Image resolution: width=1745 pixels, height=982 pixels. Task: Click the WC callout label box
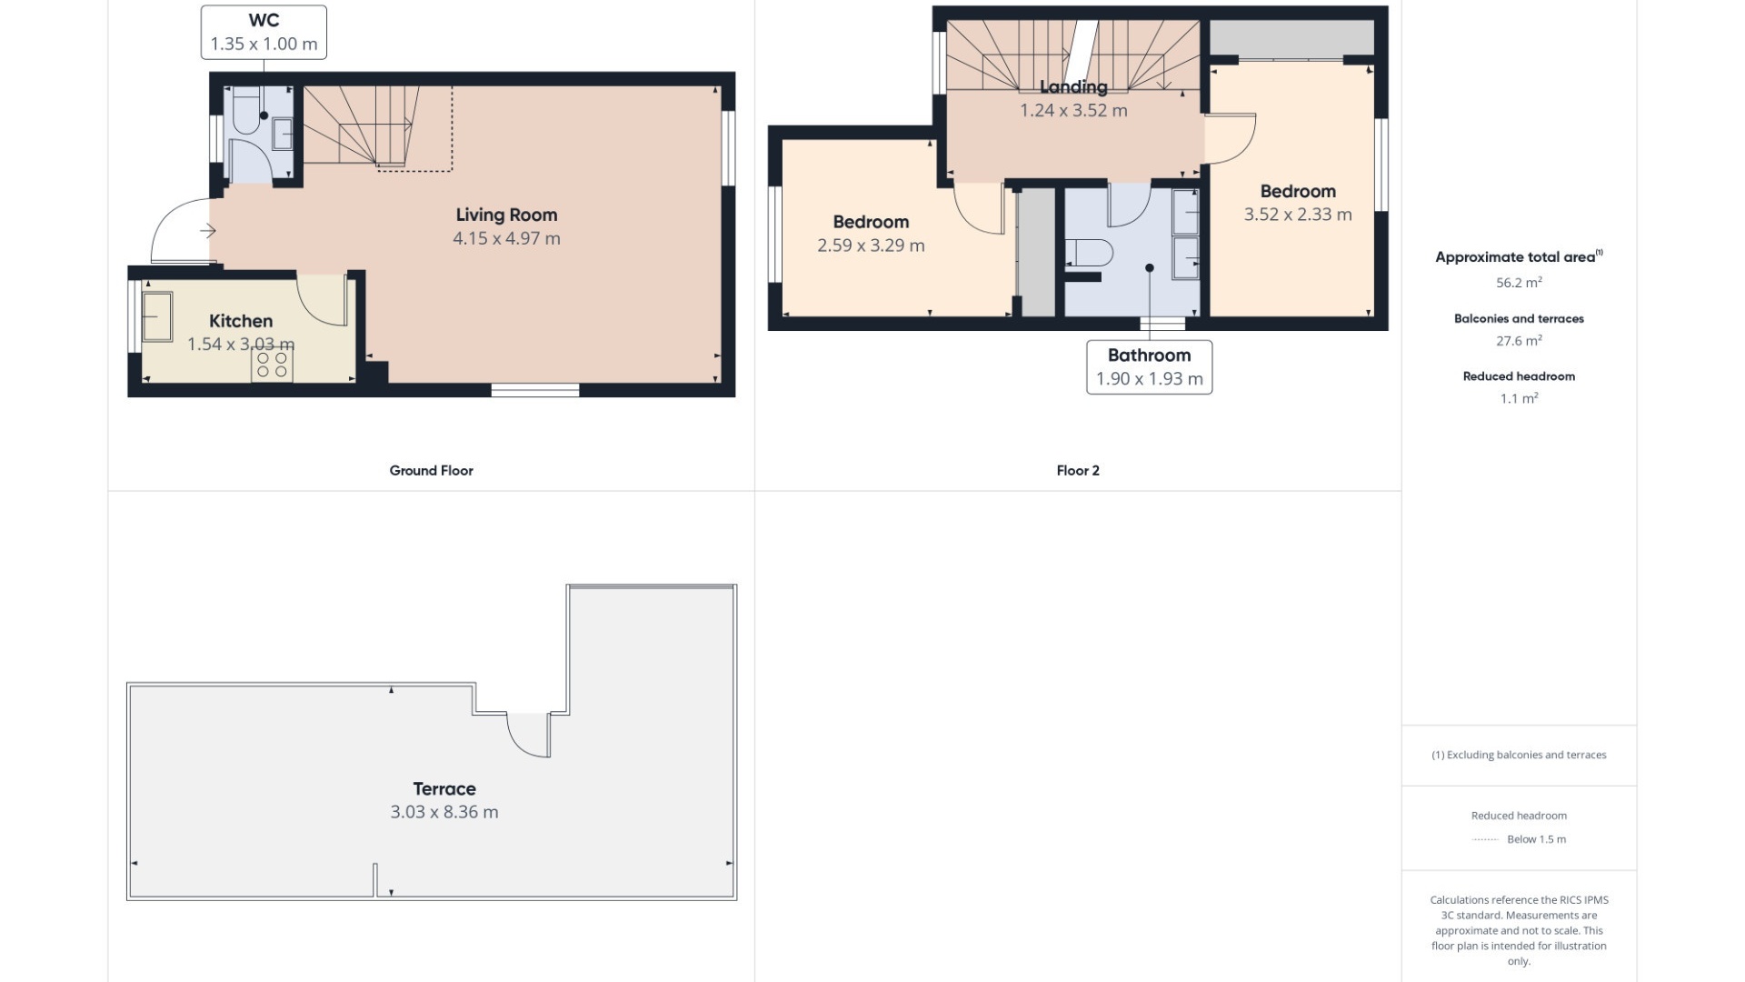[264, 33]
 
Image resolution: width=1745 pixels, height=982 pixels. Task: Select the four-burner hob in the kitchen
[272, 365]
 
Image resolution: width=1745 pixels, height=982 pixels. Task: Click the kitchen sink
[157, 316]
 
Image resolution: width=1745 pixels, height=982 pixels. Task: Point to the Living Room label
[506, 215]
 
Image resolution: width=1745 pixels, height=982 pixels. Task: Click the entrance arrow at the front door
[208, 231]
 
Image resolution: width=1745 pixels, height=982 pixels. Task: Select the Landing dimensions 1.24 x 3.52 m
[1073, 111]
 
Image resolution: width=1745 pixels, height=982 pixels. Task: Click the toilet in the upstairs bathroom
[1089, 254]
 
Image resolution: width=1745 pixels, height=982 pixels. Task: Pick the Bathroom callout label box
[1149, 367]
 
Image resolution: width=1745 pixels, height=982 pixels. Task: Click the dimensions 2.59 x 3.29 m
[871, 245]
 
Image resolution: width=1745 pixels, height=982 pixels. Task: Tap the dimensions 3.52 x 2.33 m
[1298, 215]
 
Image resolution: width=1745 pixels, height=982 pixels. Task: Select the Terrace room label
[444, 789]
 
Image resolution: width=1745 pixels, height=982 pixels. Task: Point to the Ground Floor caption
[431, 470]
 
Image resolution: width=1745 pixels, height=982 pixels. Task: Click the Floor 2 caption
[1078, 470]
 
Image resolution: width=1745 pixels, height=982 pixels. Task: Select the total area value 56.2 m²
[1519, 283]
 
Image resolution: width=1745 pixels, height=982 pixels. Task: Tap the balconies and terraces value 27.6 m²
[1519, 341]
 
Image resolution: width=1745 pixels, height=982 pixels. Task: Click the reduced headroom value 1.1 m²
[1519, 398]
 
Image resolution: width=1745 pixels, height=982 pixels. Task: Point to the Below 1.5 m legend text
[1536, 839]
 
